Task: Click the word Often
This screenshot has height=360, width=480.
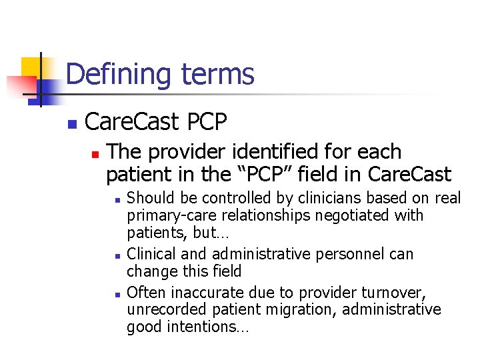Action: coord(147,292)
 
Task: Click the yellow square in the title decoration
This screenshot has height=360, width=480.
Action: coord(31,67)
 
